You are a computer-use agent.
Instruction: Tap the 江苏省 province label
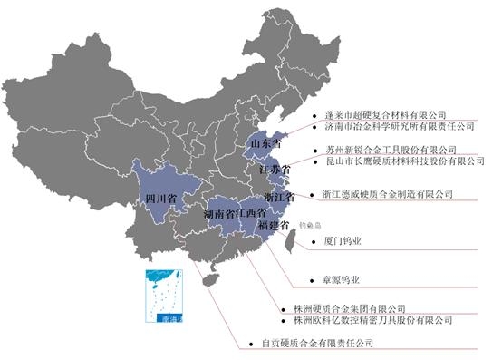[275, 170]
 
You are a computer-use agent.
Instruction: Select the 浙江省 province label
[279, 197]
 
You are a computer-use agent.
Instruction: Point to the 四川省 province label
[159, 197]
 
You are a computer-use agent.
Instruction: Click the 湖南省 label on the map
[220, 214]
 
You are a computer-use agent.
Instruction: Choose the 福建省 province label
[273, 224]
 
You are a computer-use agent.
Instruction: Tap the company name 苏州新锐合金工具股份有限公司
[391, 149]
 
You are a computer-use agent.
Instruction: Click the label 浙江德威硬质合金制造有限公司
[387, 193]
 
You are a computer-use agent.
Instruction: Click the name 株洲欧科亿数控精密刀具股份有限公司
[372, 320]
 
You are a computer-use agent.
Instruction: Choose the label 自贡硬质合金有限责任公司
[317, 343]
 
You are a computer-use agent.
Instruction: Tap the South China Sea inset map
[162, 297]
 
